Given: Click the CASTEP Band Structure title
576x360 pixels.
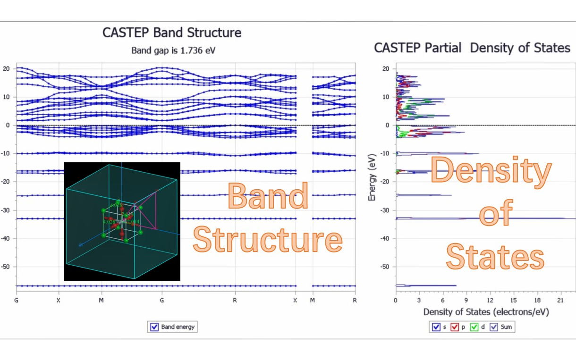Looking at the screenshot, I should tap(172, 33).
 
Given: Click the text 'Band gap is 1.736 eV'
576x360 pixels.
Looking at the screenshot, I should tap(173, 50).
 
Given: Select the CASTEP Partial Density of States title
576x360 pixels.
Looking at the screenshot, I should tap(472, 48).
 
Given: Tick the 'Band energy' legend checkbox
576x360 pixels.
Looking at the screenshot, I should tap(154, 327).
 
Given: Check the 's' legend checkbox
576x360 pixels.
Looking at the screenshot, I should tap(436, 327).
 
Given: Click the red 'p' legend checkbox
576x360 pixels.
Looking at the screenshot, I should tap(456, 327).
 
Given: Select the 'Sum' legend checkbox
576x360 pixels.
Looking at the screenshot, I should tap(494, 327).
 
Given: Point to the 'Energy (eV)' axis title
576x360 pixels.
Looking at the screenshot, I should tap(372, 180).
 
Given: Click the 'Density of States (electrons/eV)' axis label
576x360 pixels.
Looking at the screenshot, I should tap(486, 312).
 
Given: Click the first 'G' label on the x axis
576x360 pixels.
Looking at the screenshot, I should tap(17, 300).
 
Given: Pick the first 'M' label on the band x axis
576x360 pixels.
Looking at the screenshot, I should tap(101, 300).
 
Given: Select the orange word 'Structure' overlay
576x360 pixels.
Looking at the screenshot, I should tap(267, 239).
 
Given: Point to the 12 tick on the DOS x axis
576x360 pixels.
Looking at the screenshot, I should tap(490, 300).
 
